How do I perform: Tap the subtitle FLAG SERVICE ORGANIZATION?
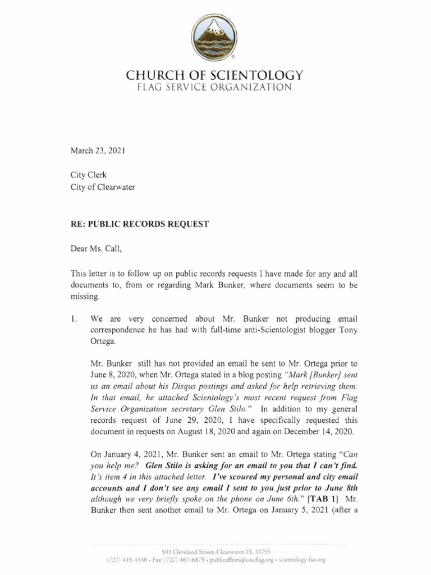point(215,88)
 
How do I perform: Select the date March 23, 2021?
point(98,151)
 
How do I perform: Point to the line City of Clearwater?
point(103,188)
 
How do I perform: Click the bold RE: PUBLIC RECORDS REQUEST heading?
point(139,224)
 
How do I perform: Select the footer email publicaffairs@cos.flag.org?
point(250,560)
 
